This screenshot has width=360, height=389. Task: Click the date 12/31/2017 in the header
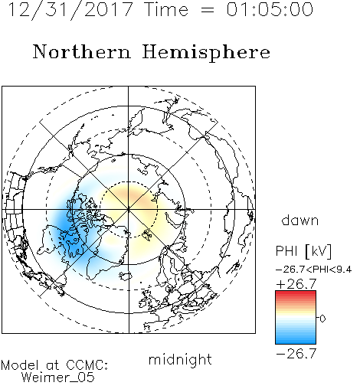pos(70,10)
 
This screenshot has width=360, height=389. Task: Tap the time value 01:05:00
pos(270,9)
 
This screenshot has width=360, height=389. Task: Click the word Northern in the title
pos(82,51)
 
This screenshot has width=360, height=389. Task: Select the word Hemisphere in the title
pos(206,52)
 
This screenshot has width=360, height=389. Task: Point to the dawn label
pos(300,220)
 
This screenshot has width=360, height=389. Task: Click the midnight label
pos(180,359)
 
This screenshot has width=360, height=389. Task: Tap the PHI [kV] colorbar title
pos(303,251)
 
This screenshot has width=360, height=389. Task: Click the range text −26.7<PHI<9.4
pos(314,270)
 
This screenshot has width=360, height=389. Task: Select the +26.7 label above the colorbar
pos(296,284)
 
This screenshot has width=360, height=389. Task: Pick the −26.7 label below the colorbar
pos(296,354)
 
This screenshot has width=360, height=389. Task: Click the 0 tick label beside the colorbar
pos(322,319)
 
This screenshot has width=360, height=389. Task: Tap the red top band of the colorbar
pos(296,294)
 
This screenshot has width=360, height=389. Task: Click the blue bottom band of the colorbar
pos(296,341)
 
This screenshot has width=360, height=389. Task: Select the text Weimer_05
pos(58,378)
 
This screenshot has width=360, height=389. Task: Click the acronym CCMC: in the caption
pos(87,365)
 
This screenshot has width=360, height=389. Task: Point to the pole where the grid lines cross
pos(129,210)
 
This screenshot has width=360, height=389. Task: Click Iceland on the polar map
pos(126,276)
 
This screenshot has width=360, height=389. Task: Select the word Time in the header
pos(166,10)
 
